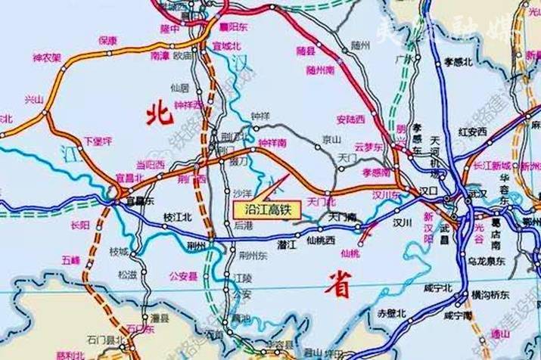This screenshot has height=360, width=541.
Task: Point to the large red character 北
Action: pyautogui.click(x=160, y=114)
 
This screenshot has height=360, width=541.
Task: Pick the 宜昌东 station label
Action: pyautogui.click(x=138, y=201)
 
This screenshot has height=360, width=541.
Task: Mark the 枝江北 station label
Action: pyautogui.click(x=176, y=216)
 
